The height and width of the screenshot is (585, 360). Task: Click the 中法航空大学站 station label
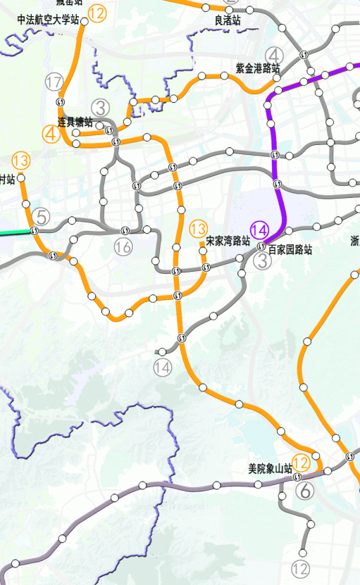(48, 20)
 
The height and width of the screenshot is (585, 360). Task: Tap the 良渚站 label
(228, 21)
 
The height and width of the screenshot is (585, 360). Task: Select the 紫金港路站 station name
(258, 69)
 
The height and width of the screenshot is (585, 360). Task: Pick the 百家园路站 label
(290, 249)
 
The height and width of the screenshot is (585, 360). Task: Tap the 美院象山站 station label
(271, 468)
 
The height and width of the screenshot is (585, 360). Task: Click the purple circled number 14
(260, 229)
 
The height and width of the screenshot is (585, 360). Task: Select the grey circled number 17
(54, 82)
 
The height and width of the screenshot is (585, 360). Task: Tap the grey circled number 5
(42, 218)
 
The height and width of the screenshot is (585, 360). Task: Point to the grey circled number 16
(124, 246)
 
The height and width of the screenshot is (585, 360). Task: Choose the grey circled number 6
(305, 492)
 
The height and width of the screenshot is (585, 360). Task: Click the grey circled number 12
(300, 569)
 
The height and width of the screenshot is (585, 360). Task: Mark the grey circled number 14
(163, 367)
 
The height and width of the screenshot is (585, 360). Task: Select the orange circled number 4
(51, 132)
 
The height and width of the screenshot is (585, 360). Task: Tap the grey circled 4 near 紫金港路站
(274, 56)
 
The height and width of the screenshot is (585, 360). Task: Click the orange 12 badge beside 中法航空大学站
(97, 13)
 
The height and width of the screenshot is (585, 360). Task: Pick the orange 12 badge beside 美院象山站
(301, 463)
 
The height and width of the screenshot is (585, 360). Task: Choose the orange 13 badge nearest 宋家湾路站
(199, 228)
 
